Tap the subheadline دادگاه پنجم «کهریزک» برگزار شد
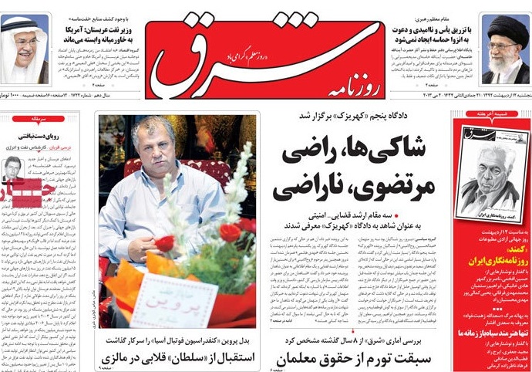click(x=350, y=116)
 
